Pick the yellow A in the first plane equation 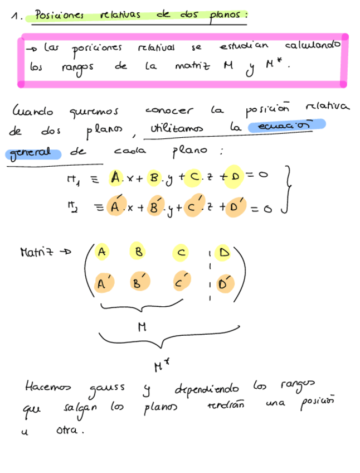point(115,178)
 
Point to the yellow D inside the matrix point(224,253)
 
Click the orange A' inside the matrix point(103,283)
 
